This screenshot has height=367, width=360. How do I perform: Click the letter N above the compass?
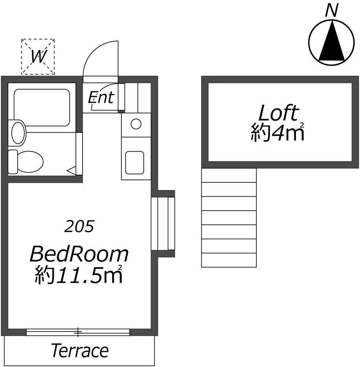tap(332, 11)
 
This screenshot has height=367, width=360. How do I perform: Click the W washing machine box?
tap(38, 57)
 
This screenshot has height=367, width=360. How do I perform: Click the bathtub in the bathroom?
tap(42, 108)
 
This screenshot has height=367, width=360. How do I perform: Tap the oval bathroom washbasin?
tap(18, 132)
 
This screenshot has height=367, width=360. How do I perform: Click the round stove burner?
tap(136, 124)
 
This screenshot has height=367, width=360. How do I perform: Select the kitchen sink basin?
tap(135, 163)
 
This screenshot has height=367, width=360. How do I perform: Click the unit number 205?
tap(79, 226)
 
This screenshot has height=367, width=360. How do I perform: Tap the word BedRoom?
tap(79, 254)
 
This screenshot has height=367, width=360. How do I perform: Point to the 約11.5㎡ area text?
tap(79, 275)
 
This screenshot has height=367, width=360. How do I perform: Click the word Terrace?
tap(80, 350)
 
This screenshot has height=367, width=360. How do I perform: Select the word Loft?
tap(278, 113)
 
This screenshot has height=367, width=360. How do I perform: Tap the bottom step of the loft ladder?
tap(229, 260)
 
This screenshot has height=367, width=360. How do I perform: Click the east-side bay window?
tap(163, 224)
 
